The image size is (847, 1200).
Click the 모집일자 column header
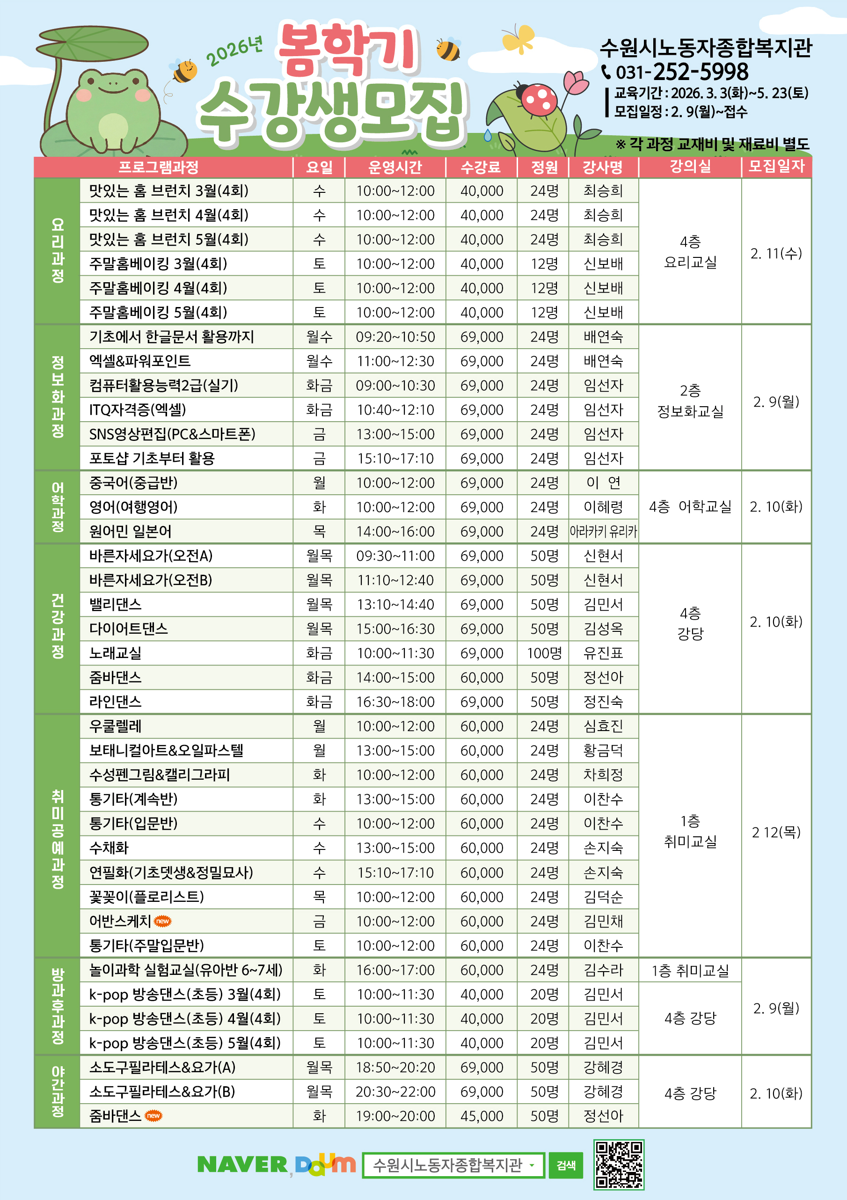click(776, 166)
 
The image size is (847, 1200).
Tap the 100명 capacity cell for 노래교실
click(544, 653)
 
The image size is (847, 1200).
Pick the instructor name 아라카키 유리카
click(603, 532)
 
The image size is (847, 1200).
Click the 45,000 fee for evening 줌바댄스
click(481, 1116)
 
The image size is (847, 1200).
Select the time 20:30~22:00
click(395, 1092)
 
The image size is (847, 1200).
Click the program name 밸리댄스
click(116, 605)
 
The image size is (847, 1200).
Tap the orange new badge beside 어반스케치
click(163, 921)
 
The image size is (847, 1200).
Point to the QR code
click(619, 1164)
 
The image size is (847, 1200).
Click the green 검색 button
click(566, 1165)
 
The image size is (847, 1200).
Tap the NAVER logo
click(242, 1164)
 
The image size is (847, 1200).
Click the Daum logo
click(325, 1165)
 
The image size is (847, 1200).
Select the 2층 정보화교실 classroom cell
click(690, 401)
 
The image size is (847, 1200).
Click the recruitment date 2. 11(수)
click(776, 254)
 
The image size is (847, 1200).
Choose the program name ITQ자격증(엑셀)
click(138, 410)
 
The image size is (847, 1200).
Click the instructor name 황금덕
click(603, 751)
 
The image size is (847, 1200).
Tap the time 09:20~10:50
click(395, 337)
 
